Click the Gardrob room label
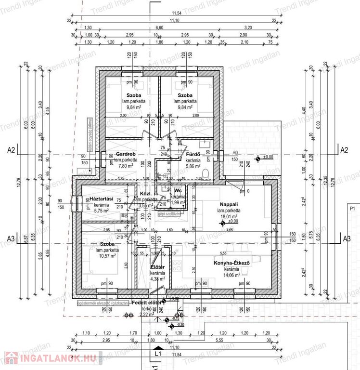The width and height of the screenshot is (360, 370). [125, 154]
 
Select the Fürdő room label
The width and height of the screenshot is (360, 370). [193, 155]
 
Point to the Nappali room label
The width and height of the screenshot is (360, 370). [228, 205]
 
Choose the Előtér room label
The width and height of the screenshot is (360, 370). [158, 267]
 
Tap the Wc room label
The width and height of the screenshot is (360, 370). [178, 191]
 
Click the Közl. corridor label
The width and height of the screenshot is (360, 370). [146, 194]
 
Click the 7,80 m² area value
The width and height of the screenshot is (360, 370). [125, 166]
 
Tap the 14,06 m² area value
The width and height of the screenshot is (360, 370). [231, 276]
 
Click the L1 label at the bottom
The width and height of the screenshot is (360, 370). [157, 354]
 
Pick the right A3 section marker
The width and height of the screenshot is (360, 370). [344, 238]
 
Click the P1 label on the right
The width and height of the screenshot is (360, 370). [352, 209]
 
